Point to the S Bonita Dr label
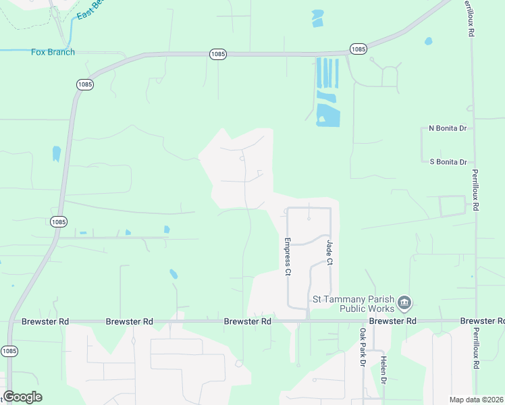point(448,162)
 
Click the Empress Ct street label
point(287,256)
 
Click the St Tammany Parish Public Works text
point(352,303)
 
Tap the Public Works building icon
point(404,302)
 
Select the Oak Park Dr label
point(363,348)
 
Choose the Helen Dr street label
point(383,370)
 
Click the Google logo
point(22,397)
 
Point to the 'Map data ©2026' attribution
point(476,400)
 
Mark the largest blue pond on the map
point(328,115)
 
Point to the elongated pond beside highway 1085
point(56,154)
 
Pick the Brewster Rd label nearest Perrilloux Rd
point(482,321)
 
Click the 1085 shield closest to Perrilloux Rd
point(358,49)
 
